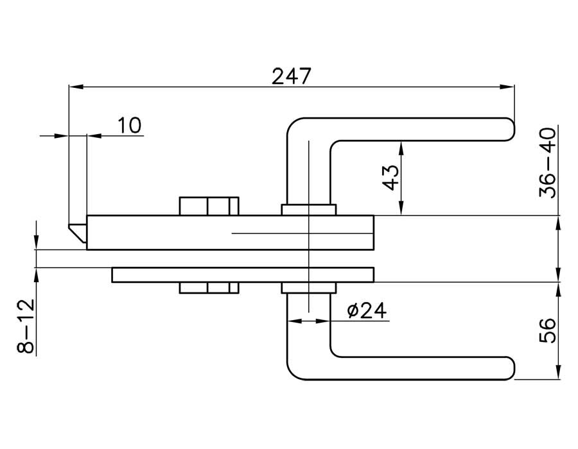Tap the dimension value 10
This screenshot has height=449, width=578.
point(130,124)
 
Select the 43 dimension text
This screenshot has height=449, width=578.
point(390,178)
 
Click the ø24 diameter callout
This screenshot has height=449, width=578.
point(366,311)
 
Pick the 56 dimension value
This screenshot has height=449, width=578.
point(548,330)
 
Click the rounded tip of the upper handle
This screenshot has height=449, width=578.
point(511,128)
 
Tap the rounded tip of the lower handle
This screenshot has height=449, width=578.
point(511,369)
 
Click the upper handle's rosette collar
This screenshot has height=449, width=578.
point(308,210)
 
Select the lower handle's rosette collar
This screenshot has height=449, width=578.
point(308,288)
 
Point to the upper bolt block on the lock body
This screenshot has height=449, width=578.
point(209,206)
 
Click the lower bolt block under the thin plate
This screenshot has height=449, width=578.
point(209,288)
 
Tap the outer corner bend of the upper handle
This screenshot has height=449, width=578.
point(293,125)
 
